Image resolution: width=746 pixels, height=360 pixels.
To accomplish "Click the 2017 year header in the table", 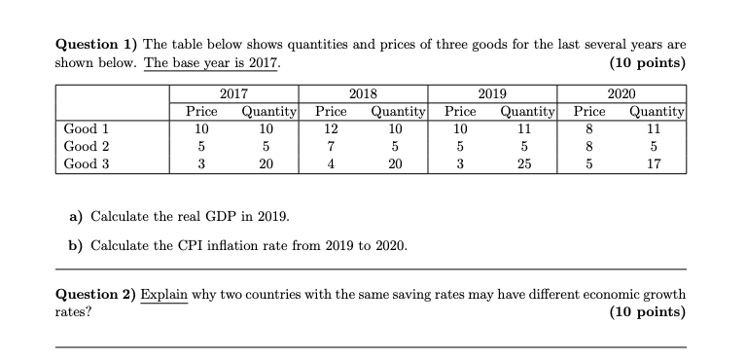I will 232,94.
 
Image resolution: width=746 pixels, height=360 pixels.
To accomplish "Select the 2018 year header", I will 363,94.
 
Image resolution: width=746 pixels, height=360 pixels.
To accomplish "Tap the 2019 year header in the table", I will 492,94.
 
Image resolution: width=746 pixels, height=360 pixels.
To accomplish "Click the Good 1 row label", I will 86,128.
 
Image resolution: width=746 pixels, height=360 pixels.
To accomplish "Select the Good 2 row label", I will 86,146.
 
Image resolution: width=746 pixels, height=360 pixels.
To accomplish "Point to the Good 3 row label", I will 86,164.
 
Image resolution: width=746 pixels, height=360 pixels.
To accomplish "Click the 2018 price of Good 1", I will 331,128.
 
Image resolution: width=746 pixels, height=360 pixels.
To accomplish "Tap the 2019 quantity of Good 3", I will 524,164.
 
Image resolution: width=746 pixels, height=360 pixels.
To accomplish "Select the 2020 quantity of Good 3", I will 655,164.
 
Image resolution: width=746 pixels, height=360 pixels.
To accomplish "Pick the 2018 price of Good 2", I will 331,146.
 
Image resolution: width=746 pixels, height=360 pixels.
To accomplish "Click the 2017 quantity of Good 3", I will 266,164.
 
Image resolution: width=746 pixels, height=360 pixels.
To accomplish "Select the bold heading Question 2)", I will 95,294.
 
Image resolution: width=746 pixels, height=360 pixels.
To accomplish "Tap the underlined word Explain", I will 164,294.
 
